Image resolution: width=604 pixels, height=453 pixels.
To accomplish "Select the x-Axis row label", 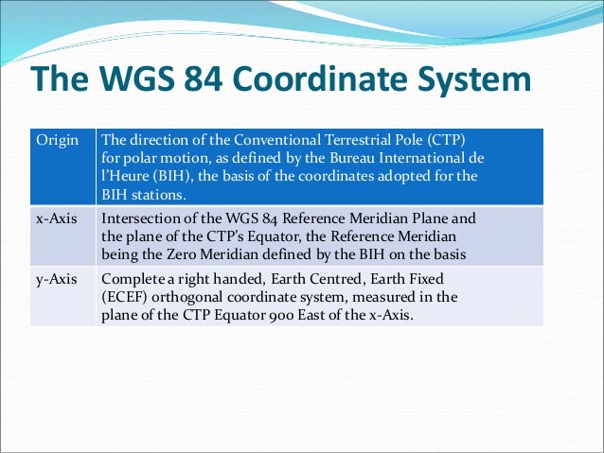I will [x=57, y=218].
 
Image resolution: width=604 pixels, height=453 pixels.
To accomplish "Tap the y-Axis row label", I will [x=57, y=280].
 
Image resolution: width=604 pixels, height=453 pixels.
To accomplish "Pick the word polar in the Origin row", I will [x=135, y=157].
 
